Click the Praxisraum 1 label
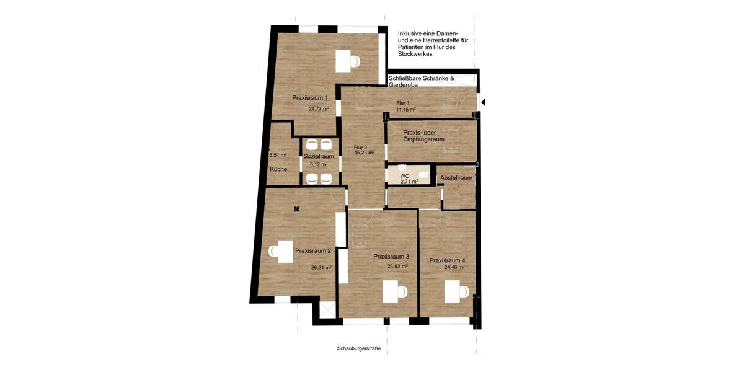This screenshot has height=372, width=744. pos(310,98)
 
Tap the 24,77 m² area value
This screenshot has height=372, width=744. pos(318,108)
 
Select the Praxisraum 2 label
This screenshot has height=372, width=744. pos(312,251)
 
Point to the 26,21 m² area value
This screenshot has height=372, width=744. pos(321,268)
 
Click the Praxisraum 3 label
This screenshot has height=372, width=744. pos(391,257)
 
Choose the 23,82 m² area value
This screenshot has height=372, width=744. pos(397,267)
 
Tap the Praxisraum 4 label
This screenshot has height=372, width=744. pos(447,260)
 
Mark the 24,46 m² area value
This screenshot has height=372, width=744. pos(454,268)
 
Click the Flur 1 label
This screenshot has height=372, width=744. pos(403,103)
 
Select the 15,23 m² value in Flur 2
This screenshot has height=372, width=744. pos(364,153)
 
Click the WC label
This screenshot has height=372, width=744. pos(405,176)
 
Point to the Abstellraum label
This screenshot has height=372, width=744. pos(456,178)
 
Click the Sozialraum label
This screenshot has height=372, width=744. pos(319,157)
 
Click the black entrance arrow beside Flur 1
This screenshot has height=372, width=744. pos(484,102)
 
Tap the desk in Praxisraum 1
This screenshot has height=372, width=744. pos(343,61)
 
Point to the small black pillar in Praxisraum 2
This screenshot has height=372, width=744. pos(298,209)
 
